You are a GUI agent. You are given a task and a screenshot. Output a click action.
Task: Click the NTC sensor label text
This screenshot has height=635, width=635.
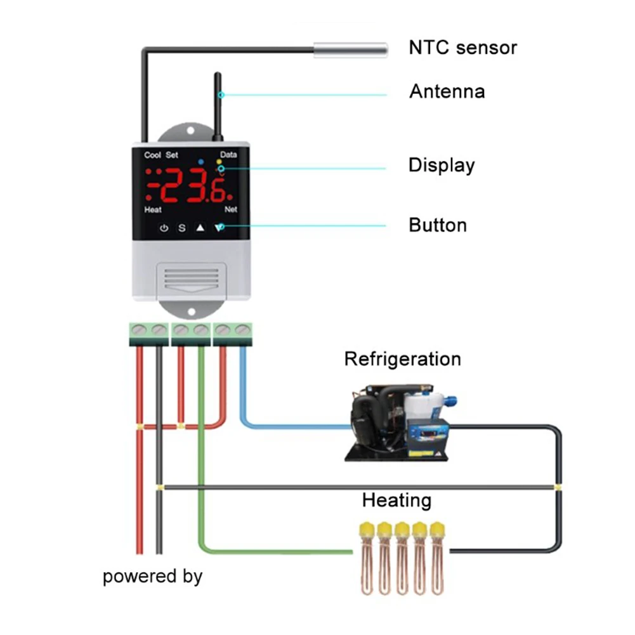click(463, 48)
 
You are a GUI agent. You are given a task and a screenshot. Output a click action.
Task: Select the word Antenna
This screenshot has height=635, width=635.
click(447, 91)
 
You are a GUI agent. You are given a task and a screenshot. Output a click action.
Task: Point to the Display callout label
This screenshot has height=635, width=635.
click(442, 165)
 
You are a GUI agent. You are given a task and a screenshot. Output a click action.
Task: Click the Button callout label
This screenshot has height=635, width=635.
click(438, 225)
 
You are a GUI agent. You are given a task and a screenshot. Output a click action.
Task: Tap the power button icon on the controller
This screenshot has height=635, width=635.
click(164, 228)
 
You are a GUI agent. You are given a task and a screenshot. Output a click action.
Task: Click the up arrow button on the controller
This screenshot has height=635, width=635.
click(200, 228)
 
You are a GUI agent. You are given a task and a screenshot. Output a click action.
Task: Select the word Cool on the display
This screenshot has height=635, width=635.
click(152, 155)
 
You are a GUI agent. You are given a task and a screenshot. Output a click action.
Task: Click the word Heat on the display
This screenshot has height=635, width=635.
click(153, 209)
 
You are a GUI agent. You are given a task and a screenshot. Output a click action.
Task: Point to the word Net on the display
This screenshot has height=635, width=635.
click(231, 209)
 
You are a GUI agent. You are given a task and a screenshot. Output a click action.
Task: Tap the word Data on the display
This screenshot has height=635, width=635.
click(228, 154)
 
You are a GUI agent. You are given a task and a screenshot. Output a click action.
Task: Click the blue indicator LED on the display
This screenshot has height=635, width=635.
click(201, 162)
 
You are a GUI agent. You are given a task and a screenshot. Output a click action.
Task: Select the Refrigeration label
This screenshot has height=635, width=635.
click(403, 359)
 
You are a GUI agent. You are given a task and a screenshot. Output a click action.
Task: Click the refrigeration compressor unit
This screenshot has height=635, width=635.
click(401, 422)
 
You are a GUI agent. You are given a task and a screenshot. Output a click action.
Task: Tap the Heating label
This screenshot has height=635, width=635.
click(396, 500)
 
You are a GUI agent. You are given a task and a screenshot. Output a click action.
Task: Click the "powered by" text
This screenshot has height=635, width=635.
click(152, 576)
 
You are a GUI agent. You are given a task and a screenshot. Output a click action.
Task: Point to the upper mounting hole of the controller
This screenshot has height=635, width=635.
click(191, 131)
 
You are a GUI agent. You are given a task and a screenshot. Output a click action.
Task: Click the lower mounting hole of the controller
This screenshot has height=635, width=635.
click(192, 311)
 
